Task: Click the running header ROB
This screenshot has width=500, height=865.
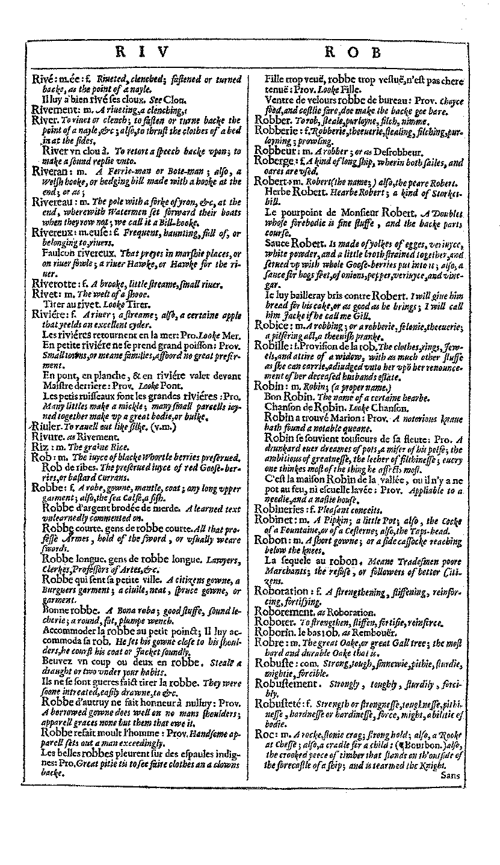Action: click(x=354, y=53)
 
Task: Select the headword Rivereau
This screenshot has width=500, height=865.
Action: click(x=51, y=201)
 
